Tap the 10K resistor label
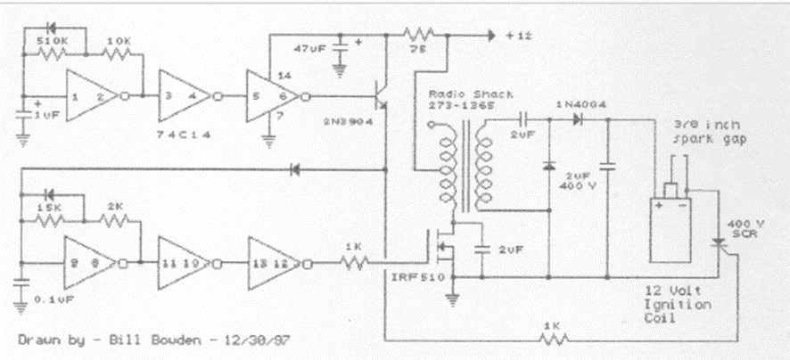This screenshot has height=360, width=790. (118, 42)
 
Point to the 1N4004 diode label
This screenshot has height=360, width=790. (581, 103)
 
